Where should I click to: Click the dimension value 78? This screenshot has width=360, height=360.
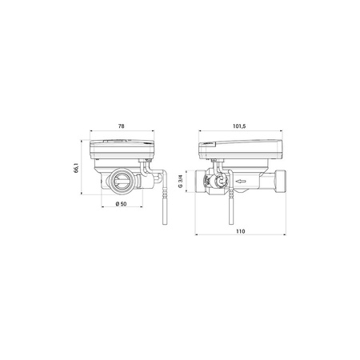tap(121, 126)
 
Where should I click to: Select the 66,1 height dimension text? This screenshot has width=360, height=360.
tap(76, 169)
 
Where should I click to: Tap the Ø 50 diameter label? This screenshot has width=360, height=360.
tap(121, 205)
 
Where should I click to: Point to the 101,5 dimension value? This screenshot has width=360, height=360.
tap(239, 126)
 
